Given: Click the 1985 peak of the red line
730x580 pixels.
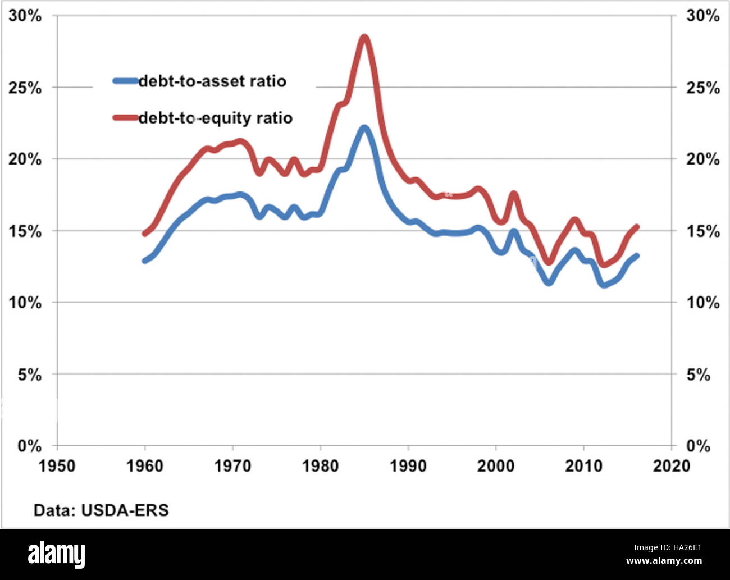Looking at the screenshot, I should tap(364, 38).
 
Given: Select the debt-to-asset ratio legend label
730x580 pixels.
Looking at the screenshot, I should tap(212, 81).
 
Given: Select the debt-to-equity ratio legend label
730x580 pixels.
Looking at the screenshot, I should tap(215, 118).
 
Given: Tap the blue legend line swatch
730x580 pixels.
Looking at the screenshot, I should tap(125, 81).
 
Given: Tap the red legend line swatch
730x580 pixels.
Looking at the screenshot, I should tap(125, 117).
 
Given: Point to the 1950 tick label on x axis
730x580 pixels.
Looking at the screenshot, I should tap(57, 465).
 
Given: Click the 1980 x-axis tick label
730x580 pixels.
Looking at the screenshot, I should tap(320, 465).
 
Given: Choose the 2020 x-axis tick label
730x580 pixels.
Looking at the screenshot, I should tap(671, 465).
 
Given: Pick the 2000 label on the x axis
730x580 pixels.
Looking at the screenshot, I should tap(495, 465).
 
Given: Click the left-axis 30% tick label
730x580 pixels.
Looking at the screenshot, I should tap(25, 16).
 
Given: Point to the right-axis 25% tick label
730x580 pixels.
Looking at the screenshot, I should tap(702, 88).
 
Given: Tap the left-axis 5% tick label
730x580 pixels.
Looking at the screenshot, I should tap(29, 375).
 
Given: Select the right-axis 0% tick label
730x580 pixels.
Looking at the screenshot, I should tap(698, 446).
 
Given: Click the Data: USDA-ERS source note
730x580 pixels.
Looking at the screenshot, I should tap(101, 510).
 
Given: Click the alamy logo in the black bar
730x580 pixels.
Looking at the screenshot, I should tap(57, 555).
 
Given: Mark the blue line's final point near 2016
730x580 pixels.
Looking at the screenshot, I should tap(636, 256).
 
